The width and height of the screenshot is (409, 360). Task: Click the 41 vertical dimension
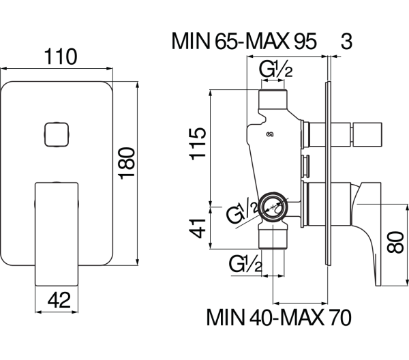pyautogui.click(x=198, y=226)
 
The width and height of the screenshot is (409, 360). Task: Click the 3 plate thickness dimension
pyautogui.click(x=345, y=43)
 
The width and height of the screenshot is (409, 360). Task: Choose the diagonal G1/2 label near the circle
pyautogui.click(x=243, y=212)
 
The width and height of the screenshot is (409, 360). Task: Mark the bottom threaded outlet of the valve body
pyautogui.click(x=274, y=240)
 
